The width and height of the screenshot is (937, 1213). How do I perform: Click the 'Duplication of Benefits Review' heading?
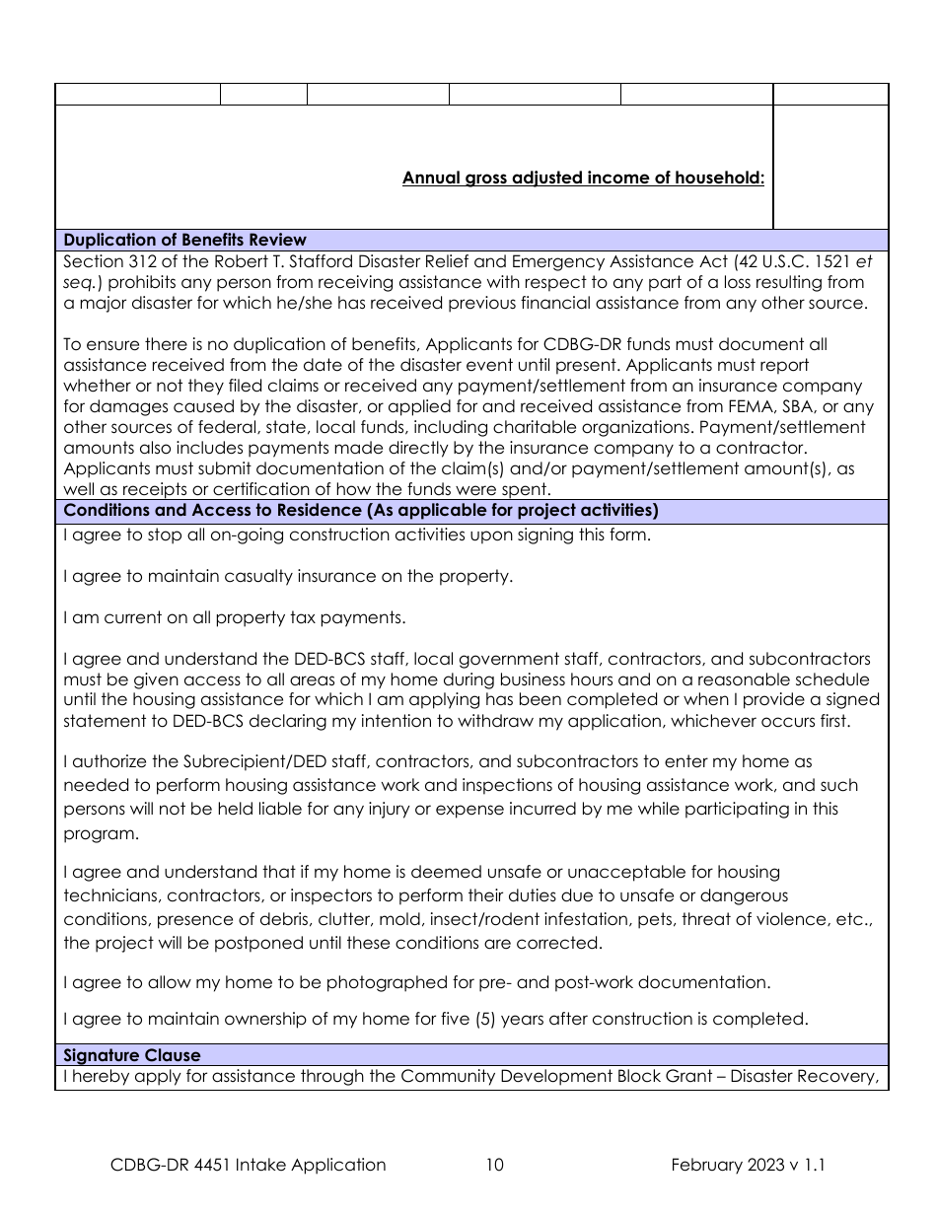point(184,240)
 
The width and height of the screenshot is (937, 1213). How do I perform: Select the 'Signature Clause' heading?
point(131,1055)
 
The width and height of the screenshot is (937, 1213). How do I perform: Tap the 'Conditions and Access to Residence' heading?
point(360,511)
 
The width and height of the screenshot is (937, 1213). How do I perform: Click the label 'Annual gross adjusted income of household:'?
point(583,178)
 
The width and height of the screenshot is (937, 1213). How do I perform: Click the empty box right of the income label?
point(830,167)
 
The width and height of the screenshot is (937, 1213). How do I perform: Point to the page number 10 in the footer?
point(495,1165)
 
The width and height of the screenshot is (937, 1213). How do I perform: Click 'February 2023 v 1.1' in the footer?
point(748,1165)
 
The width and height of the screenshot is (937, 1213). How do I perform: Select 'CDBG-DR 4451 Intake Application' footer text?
point(249,1165)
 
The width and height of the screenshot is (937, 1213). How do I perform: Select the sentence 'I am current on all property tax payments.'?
point(234,618)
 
